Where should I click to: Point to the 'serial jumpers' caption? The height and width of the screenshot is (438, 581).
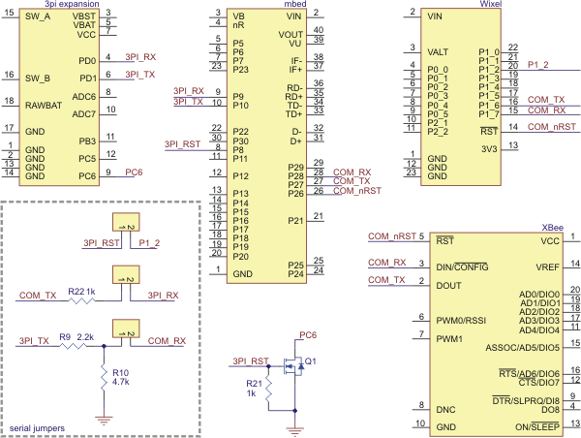point(37,426)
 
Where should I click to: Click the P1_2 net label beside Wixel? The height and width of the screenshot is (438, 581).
point(540,65)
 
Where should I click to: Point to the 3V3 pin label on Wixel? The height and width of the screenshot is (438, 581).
point(489,147)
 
